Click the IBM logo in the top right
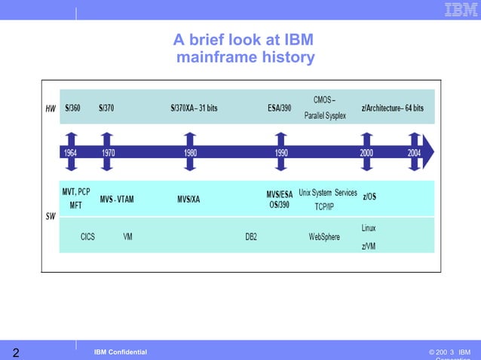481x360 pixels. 459,10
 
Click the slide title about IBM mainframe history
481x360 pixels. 243,48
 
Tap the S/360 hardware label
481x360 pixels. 74,108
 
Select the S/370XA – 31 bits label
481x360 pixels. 194,108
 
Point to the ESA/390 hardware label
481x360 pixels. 279,108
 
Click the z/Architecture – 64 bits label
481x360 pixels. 392,108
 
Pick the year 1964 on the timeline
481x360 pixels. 70,151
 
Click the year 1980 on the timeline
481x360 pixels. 191,151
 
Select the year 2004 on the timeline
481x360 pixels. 414,151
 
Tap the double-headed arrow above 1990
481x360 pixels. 281,151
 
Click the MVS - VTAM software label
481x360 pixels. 116,199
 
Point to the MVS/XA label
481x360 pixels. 188,199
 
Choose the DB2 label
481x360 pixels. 251,236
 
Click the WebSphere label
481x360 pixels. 324,236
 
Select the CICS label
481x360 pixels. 87,236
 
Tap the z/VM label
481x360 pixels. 369,246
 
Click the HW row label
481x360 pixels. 51,108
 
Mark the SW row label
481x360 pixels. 51,216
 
